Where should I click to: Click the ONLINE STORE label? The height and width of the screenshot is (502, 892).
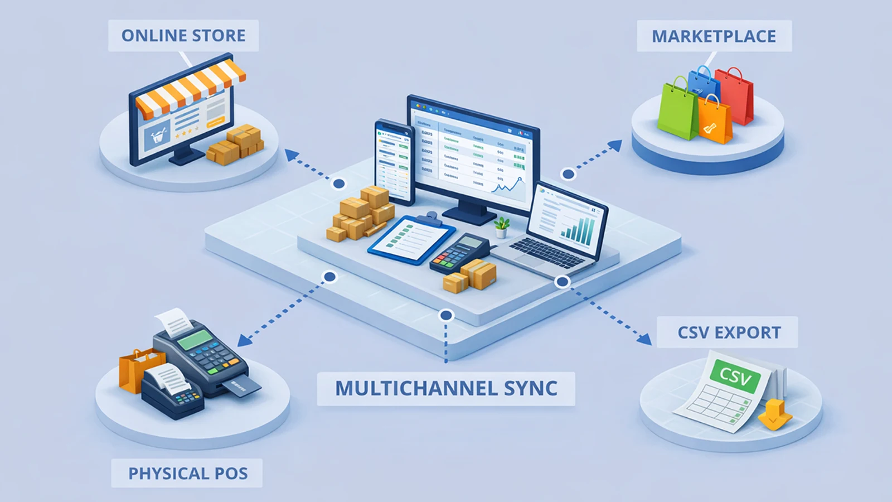[x=183, y=36]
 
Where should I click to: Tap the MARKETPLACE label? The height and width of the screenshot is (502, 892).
[x=714, y=36]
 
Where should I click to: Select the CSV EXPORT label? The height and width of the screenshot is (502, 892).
[x=729, y=332]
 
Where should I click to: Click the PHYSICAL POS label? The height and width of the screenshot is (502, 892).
[x=188, y=474]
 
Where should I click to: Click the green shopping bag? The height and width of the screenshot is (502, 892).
[x=678, y=109]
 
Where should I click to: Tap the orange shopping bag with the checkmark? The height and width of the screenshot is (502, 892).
[x=715, y=120]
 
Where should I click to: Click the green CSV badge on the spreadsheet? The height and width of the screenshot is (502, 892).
[x=735, y=376]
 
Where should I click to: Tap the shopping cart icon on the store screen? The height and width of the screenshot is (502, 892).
[x=158, y=136]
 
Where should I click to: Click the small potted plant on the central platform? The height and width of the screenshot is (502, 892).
[x=502, y=226]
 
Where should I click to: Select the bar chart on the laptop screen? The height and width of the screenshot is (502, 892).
[x=578, y=230]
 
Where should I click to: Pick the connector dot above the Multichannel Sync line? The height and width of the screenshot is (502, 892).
[x=445, y=316]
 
